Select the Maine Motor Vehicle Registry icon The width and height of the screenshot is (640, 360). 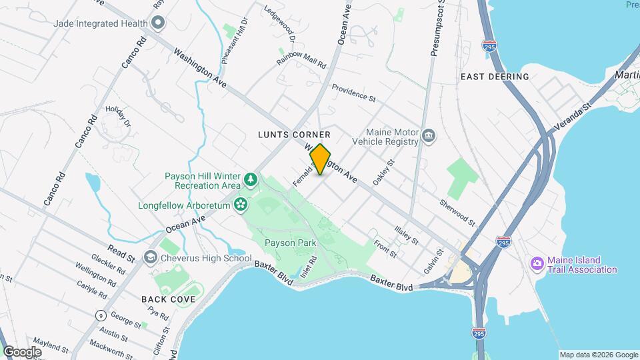(x=429, y=137)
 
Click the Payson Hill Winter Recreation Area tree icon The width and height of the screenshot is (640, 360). (x=250, y=179)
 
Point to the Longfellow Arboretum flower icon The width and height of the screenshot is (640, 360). (x=241, y=204)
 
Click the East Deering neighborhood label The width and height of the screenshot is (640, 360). (x=495, y=77)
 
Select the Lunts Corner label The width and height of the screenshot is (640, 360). (x=294, y=135)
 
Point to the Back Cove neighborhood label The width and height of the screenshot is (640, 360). (x=169, y=299)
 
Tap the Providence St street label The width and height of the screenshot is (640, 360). (x=353, y=93)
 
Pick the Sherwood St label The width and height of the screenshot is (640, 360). (x=457, y=212)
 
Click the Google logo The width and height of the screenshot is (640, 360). (x=22, y=351)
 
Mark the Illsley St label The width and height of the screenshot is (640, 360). (x=405, y=235)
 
